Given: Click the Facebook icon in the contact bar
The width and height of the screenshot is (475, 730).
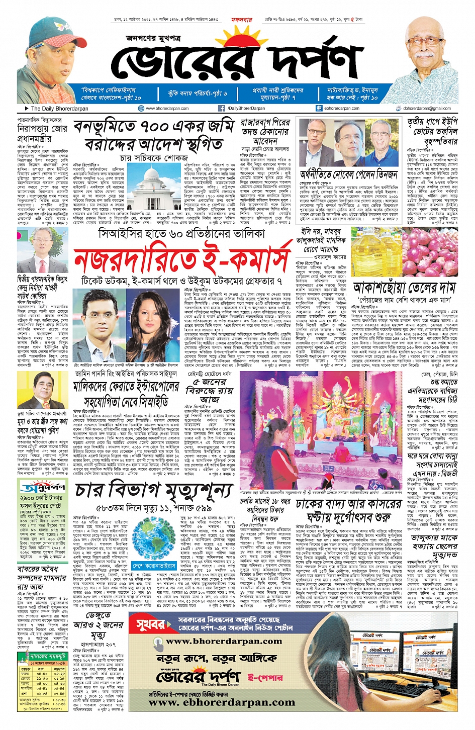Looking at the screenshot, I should point(221,108).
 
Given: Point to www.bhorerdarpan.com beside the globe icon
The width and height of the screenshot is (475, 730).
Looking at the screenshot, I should point(167,108).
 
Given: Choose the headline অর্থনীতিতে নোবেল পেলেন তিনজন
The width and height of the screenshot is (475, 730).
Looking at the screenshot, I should point(348,174).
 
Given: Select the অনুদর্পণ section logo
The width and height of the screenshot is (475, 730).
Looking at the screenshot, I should point(43,486).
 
